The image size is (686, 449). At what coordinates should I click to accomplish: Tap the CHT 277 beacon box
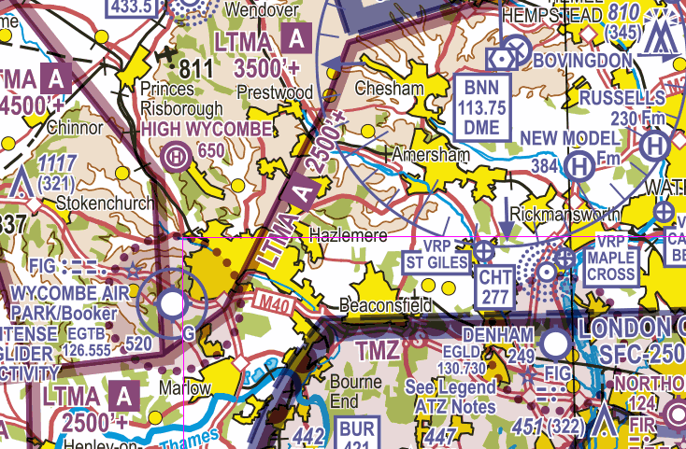pyautogui.click(x=494, y=287)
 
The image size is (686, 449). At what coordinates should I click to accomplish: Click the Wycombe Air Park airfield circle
pyautogui.click(x=172, y=303)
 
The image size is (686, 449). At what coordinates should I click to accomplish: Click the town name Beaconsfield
pyautogui.click(x=386, y=306)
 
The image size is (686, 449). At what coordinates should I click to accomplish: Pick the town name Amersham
pyautogui.click(x=429, y=155)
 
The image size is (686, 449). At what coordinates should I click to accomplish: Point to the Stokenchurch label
pyautogui.click(x=96, y=201)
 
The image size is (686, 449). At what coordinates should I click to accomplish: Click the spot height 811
pyautogui.click(x=196, y=68)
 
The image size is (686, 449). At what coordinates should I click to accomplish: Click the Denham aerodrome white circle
pyautogui.click(x=555, y=345)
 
